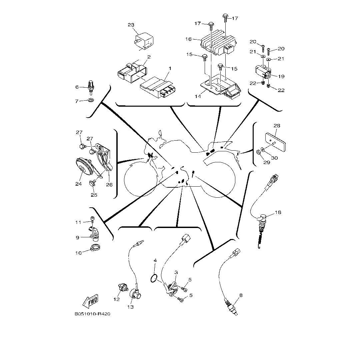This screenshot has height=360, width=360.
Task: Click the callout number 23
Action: (x=131, y=25)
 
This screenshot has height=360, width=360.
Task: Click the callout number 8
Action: (x=241, y=295)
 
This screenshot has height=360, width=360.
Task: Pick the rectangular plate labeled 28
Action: (x=276, y=142)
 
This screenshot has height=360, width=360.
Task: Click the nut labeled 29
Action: (x=259, y=153)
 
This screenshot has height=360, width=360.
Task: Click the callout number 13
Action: (x=131, y=307)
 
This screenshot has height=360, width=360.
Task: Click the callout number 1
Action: (x=170, y=68)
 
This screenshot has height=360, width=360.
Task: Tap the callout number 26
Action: (x=109, y=184)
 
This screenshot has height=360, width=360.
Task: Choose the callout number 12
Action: (x=116, y=299)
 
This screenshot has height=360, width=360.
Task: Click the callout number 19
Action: (x=281, y=76)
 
